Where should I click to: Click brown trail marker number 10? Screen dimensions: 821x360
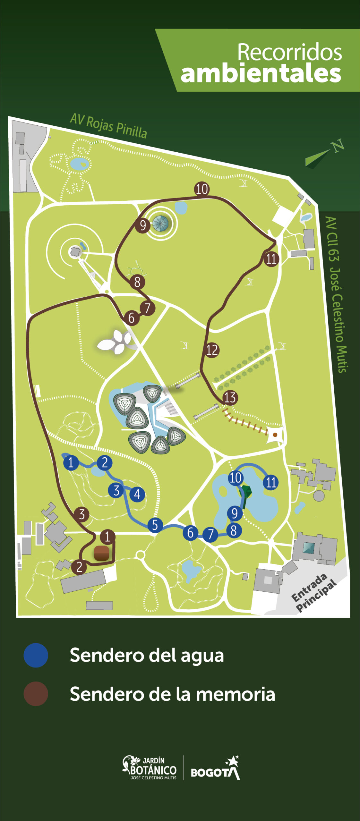tap(202, 189)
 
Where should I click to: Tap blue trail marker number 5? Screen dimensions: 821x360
tap(155, 525)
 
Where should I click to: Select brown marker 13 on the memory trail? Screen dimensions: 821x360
tap(230, 398)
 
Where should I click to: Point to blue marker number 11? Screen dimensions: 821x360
tap(271, 482)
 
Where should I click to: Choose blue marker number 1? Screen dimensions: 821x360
tap(71, 462)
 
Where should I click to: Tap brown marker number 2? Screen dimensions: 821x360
tap(79, 567)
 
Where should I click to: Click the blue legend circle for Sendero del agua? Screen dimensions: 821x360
tap(36, 655)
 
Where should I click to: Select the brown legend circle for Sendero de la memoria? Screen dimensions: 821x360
tap(36, 694)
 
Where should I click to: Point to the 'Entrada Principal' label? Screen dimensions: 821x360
tap(314, 593)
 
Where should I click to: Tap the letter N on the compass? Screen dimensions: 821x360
tap(337, 146)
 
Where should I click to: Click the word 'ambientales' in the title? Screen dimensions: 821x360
tap(261, 74)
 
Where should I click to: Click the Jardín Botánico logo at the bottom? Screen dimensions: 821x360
tap(150, 767)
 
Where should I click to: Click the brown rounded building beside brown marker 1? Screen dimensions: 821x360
tap(101, 553)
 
